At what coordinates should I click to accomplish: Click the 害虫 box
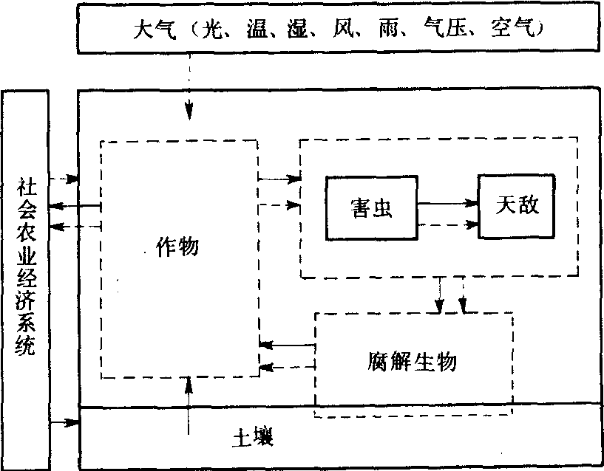point(371,207)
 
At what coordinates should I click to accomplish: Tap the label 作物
point(178,247)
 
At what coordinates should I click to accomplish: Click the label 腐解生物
point(412,362)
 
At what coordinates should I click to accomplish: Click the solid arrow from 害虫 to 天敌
point(447,202)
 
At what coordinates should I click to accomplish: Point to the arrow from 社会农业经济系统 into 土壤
point(65,422)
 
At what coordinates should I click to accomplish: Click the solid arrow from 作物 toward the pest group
point(280,178)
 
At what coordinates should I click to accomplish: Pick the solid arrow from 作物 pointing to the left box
point(72,206)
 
